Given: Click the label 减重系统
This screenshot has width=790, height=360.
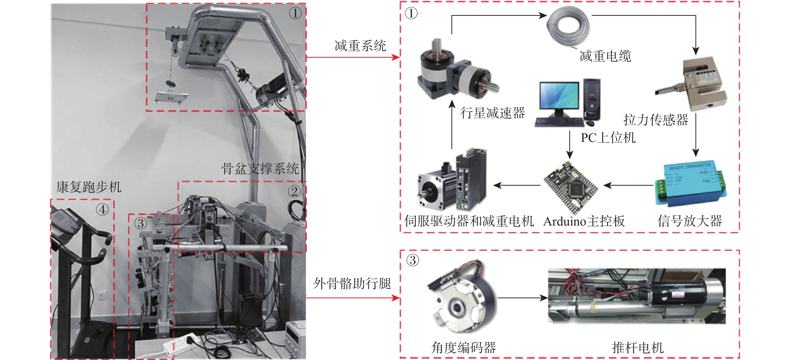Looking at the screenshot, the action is pyautogui.click(x=360, y=46).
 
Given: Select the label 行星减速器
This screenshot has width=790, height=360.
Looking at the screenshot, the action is pyautogui.click(x=493, y=113).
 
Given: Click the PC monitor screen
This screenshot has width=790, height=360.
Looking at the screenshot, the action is pyautogui.click(x=559, y=95).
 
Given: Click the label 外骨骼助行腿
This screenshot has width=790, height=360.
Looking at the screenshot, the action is pyautogui.click(x=352, y=283).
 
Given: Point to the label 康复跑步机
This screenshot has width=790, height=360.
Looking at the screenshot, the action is pyautogui.click(x=89, y=187).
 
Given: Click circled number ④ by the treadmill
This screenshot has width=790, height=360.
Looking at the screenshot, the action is pyautogui.click(x=102, y=210).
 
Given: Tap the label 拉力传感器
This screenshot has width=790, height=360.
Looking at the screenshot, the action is pyautogui.click(x=656, y=120).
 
